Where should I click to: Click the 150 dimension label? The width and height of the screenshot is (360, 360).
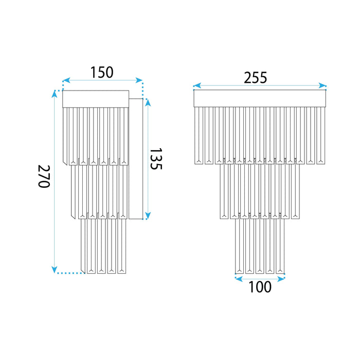tap(102, 73)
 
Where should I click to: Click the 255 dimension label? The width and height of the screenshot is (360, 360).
tap(255, 78)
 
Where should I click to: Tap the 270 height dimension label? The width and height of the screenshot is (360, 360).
tap(44, 176)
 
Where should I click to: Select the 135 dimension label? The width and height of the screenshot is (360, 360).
tap(156, 158)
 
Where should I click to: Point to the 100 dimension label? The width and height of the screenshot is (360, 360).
tap(260, 287)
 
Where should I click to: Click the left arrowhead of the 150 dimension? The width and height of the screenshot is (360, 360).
tap(66, 80)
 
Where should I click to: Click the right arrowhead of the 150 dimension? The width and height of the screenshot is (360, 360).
tap(139, 80)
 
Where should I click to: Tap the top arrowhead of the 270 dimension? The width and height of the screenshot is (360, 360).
tap(55, 94)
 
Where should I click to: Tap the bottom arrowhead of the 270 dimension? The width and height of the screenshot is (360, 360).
tap(55, 269)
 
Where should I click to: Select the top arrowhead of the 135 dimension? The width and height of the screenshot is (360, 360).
tap(148, 102)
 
